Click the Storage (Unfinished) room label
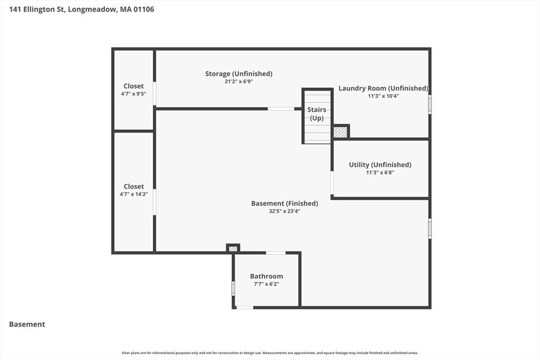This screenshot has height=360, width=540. (239, 74)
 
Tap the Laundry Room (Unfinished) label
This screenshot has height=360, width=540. (383, 88)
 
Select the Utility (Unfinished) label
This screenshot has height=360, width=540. (380, 164)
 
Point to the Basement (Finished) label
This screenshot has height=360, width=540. (284, 203)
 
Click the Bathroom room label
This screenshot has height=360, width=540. (266, 276)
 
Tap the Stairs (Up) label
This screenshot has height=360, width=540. (317, 114)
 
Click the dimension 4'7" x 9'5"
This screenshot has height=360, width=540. (133, 94)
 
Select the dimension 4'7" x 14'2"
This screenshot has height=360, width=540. (133, 194)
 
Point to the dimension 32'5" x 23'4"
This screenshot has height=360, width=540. (284, 211)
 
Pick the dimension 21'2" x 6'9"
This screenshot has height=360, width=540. (239, 82)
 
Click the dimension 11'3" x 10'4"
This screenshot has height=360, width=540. (383, 96)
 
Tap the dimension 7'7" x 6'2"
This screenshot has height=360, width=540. (266, 284)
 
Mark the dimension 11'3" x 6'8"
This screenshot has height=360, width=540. (380, 172)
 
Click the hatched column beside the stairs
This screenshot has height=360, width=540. (340, 132)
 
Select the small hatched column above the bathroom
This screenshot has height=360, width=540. (233, 248)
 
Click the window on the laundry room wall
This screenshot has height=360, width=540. (430, 104)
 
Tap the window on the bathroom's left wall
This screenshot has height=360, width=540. (233, 288)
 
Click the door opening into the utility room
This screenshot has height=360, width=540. (332, 183)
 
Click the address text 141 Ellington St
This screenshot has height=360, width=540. (37, 9)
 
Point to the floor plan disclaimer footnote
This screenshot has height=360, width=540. (270, 353)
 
